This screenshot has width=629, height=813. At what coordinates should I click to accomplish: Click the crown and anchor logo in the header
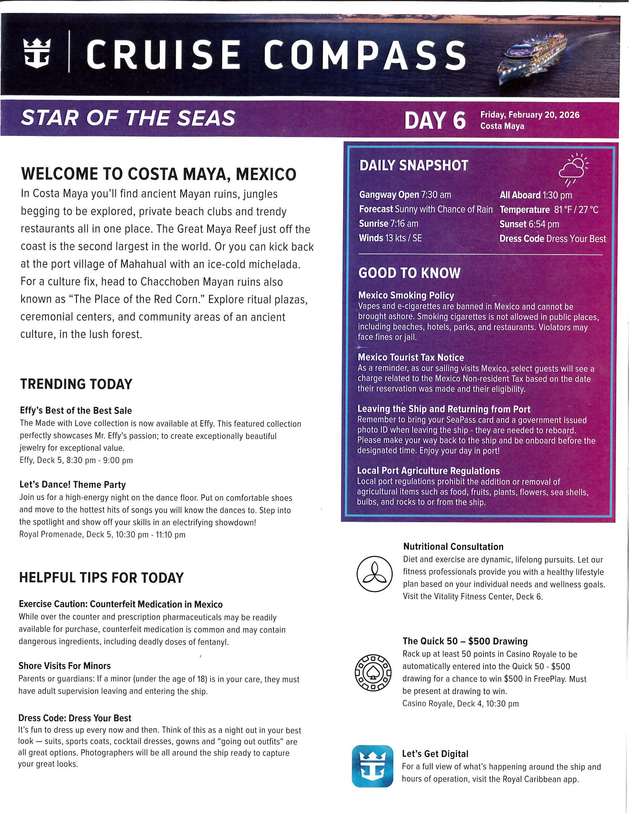37,54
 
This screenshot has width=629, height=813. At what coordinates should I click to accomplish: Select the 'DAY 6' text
435,120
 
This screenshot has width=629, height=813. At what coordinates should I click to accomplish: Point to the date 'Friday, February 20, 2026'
529,115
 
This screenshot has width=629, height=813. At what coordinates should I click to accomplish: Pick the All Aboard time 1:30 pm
557,195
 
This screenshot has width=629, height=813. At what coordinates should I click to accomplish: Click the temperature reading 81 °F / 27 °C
576,210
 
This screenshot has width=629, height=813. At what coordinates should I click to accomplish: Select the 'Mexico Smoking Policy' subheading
406,295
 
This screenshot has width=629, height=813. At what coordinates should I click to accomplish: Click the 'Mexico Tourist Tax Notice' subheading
411,357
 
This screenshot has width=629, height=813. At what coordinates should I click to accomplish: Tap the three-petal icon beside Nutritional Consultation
374,574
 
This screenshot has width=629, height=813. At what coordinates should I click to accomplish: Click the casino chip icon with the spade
373,673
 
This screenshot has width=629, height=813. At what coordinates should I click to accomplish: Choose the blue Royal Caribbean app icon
372,766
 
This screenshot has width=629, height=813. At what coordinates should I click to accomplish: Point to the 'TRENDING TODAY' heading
76,384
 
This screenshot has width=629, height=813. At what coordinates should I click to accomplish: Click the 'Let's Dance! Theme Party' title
73,485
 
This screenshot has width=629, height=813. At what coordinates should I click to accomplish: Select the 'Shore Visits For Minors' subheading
64,666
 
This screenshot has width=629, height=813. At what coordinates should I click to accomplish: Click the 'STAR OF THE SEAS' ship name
128,118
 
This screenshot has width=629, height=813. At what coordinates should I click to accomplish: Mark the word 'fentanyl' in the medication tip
213,642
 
